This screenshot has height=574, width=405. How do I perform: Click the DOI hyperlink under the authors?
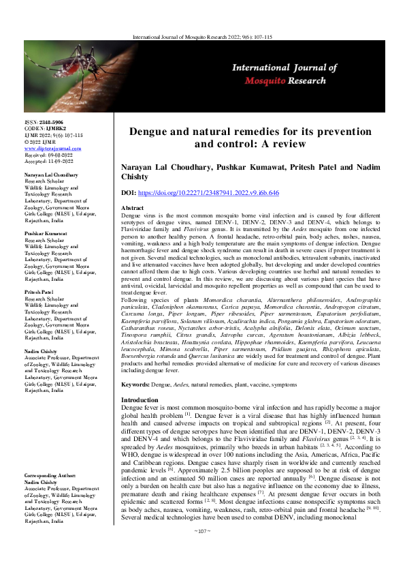[x=212, y=194]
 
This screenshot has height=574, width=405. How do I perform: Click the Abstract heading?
[x=131, y=207]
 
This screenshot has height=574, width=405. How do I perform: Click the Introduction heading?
[x=139, y=399]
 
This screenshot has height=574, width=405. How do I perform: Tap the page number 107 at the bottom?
[x=202, y=549]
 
